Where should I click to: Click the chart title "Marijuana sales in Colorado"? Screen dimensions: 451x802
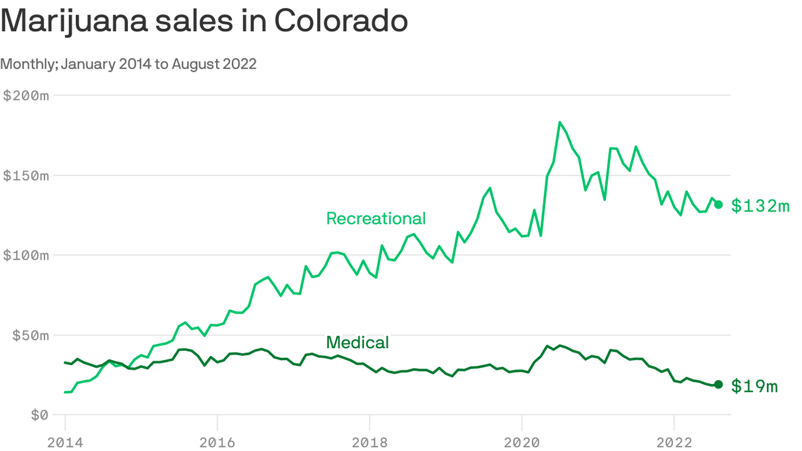(x=204, y=22)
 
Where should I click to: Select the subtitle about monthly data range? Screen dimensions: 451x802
(x=129, y=64)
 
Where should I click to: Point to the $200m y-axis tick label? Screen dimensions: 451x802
(x=26, y=96)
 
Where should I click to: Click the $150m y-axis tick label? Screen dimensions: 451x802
(x=26, y=176)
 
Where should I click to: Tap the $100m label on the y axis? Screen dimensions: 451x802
(x=26, y=255)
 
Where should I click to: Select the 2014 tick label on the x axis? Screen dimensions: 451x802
(x=65, y=442)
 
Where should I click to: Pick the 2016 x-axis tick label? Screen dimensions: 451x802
(x=217, y=442)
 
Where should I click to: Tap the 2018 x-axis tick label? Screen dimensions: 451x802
(x=369, y=442)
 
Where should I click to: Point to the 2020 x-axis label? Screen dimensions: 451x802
(x=521, y=442)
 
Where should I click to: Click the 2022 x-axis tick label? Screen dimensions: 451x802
(x=674, y=442)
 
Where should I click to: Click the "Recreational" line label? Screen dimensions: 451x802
(x=376, y=218)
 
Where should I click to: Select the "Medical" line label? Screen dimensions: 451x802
(x=357, y=342)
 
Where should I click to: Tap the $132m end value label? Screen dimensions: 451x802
(x=760, y=206)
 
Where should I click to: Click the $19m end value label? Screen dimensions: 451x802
(x=754, y=386)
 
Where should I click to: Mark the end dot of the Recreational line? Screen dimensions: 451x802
(x=718, y=204)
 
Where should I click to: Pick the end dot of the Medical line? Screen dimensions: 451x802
(x=718, y=385)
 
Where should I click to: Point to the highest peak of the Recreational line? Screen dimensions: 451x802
(x=560, y=122)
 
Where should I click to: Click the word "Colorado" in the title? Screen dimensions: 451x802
(x=341, y=22)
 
